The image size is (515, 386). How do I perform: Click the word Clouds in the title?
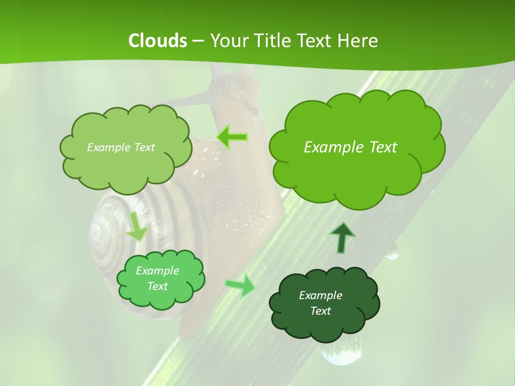[158, 41]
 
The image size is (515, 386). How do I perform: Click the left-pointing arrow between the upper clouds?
[232, 137]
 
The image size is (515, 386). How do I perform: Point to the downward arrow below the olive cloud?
[137, 226]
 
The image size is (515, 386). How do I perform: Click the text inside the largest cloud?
[350, 147]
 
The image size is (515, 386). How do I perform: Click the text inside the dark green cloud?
[320, 303]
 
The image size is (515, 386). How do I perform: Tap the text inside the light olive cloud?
[121, 147]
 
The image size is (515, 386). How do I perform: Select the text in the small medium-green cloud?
[157, 278]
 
